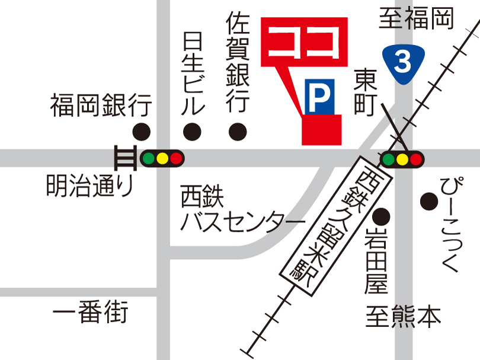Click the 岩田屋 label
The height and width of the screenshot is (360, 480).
(x=376, y=260)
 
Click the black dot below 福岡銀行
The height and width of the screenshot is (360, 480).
(x=141, y=131)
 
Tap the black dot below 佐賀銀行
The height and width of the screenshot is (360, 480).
(x=238, y=130)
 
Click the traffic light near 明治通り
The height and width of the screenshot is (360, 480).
(x=162, y=158)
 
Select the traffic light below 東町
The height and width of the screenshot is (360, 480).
(x=402, y=158)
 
